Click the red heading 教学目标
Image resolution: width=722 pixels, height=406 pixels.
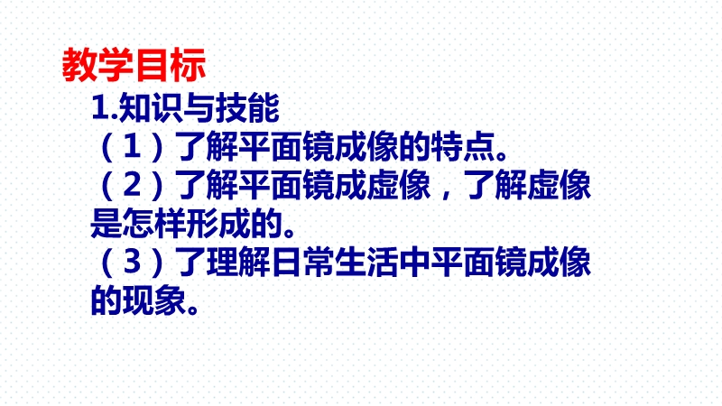[x=134, y=65]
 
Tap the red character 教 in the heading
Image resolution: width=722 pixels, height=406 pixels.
[x=79, y=65]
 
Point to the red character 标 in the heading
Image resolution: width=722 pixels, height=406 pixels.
[x=188, y=65]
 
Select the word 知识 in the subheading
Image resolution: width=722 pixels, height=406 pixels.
[x=151, y=108]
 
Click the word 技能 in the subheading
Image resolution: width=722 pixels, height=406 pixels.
[x=247, y=108]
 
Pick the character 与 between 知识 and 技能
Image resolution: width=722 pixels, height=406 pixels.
[x=199, y=108]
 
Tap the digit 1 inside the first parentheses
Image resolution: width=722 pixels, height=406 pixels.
[x=132, y=146]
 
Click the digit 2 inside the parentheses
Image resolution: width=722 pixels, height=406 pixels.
[x=132, y=185]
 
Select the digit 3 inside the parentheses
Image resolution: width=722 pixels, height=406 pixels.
[x=132, y=262]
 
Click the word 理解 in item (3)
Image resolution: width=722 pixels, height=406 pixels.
[x=238, y=262]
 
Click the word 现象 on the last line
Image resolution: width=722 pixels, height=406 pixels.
[x=154, y=300]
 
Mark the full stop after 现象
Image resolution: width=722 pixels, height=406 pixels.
[x=193, y=309]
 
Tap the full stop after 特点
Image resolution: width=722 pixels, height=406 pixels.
[x=501, y=155]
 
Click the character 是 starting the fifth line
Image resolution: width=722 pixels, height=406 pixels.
[x=106, y=223]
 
